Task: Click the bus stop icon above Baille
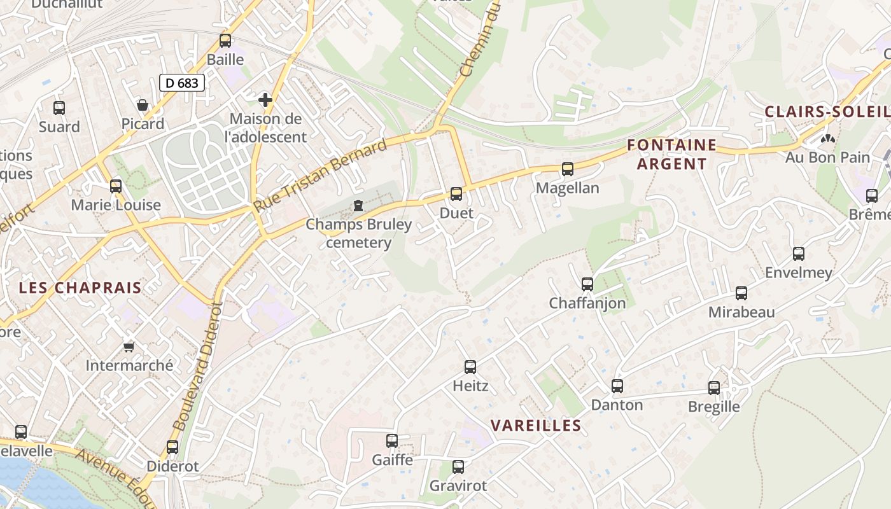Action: click(225, 41)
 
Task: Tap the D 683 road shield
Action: click(181, 83)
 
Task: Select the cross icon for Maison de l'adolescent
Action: click(265, 100)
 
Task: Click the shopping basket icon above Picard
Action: click(143, 105)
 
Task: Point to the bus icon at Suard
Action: click(59, 108)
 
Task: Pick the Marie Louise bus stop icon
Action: click(115, 186)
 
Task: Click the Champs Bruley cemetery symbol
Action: click(358, 206)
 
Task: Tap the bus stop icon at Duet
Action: click(456, 194)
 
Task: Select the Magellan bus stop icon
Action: click(567, 169)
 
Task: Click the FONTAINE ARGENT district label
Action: click(671, 155)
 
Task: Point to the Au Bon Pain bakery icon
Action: click(827, 138)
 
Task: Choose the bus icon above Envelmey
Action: click(799, 254)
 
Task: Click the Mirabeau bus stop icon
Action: click(741, 293)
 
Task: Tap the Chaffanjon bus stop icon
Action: click(587, 284)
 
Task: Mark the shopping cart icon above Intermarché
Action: click(129, 347)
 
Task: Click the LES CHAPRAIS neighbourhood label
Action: click(80, 288)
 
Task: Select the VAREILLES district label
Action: click(536, 426)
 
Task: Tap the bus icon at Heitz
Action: click(470, 367)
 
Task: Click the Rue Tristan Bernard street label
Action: click(320, 176)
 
